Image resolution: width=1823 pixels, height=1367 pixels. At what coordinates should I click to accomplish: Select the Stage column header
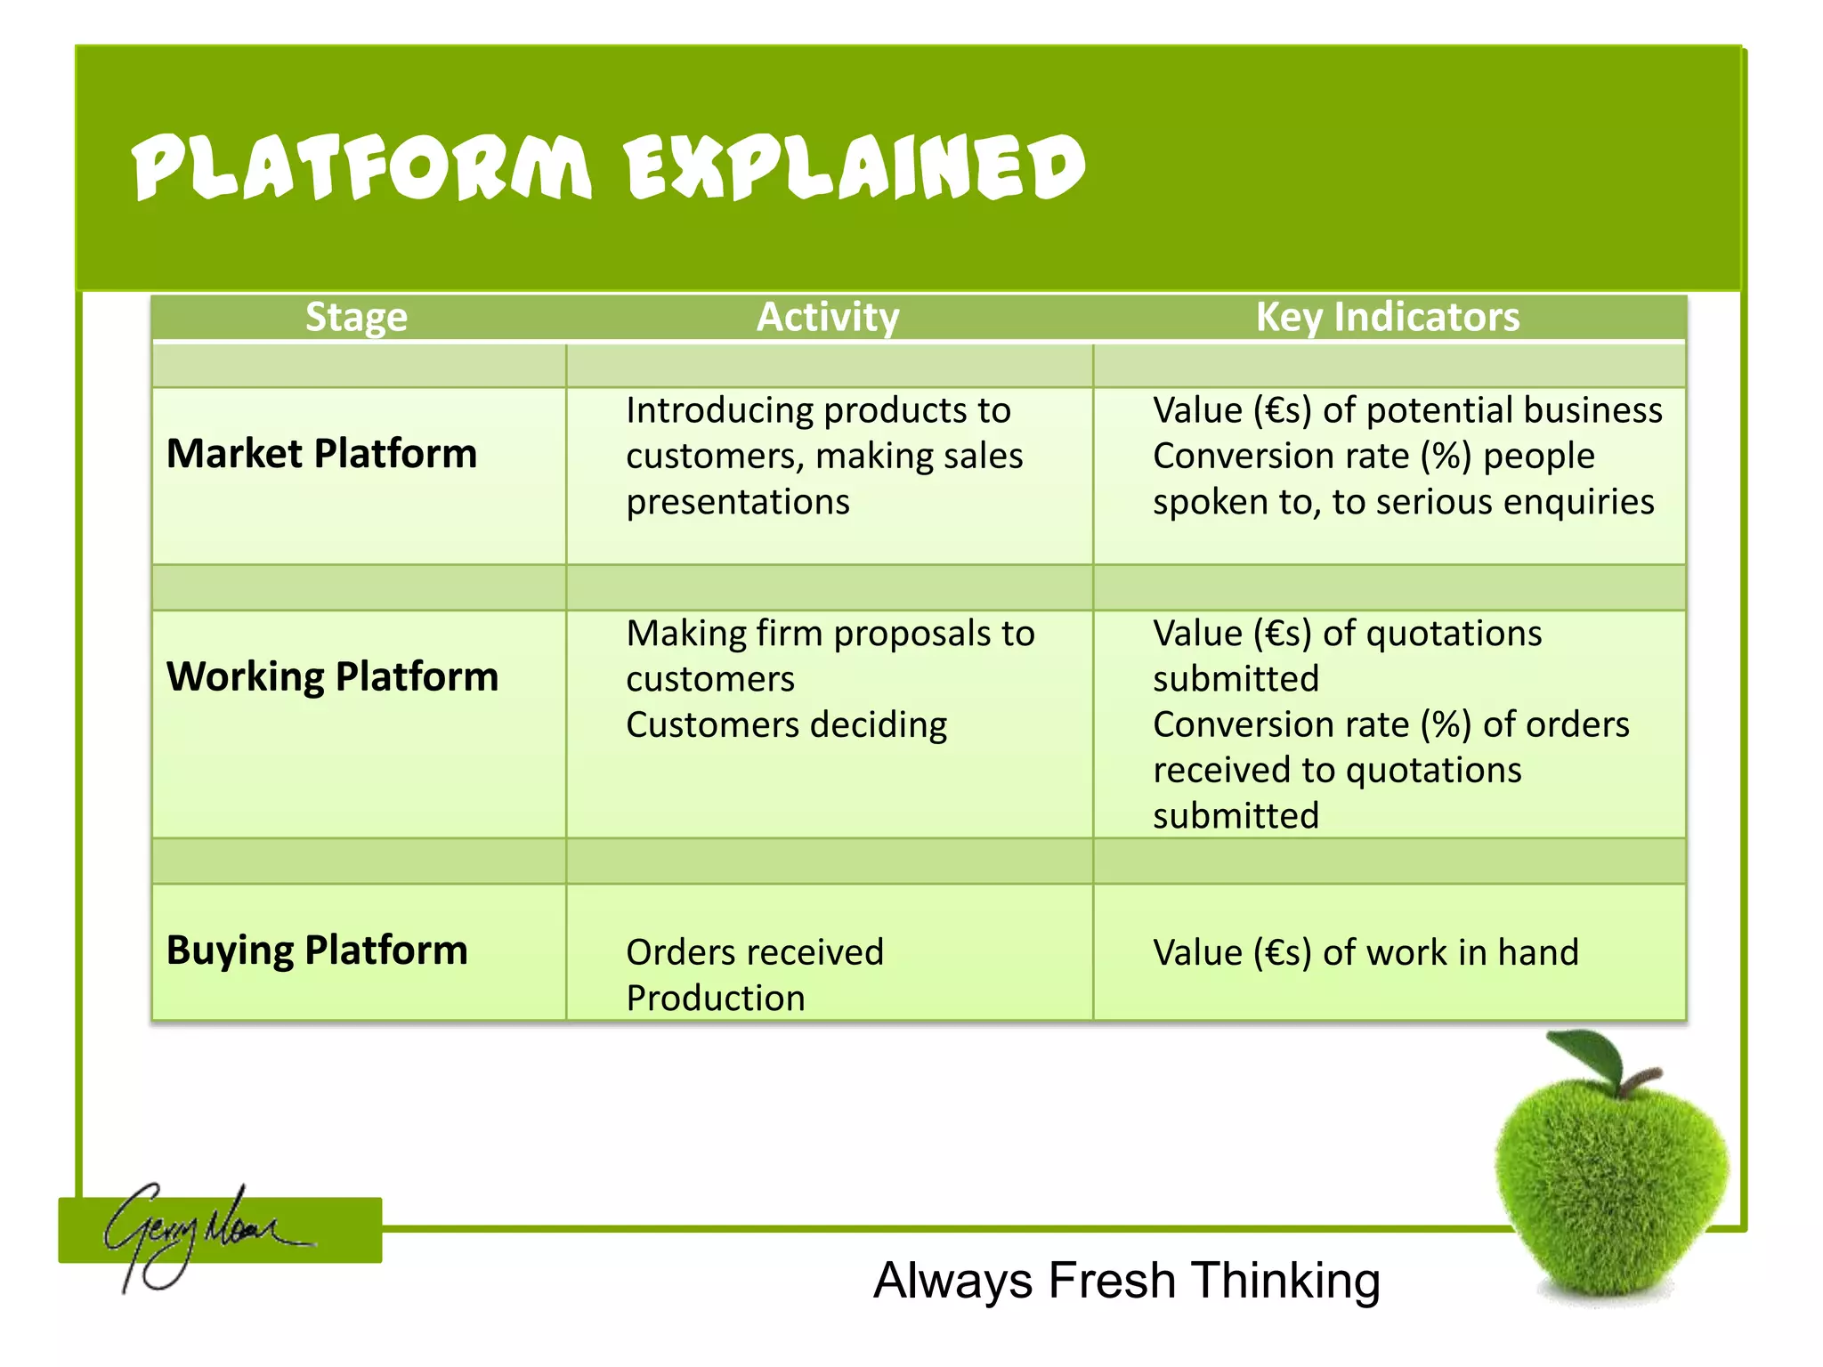click(x=356, y=317)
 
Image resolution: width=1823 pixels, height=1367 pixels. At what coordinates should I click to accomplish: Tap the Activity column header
click(x=828, y=317)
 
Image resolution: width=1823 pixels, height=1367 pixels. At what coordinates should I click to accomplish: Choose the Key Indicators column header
click(x=1387, y=317)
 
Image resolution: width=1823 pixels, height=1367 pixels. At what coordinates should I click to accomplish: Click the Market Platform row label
click(x=321, y=454)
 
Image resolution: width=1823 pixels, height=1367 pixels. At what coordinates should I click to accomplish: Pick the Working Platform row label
click(x=332, y=676)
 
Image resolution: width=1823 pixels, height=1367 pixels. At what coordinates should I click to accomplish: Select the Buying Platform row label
click(x=317, y=950)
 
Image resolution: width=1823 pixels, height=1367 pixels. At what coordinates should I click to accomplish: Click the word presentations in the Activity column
click(x=738, y=502)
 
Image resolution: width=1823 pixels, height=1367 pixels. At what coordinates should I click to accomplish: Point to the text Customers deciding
click(x=786, y=724)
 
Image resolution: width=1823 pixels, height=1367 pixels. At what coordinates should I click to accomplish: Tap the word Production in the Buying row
click(x=716, y=998)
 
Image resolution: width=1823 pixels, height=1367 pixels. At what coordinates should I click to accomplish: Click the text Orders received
click(x=755, y=952)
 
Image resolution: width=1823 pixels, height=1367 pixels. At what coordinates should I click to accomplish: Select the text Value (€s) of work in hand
click(x=1365, y=952)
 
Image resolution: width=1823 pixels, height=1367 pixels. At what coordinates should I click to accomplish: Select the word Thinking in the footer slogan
click(x=1285, y=1281)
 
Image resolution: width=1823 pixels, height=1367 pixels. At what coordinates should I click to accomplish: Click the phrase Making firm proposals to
click(x=830, y=634)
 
